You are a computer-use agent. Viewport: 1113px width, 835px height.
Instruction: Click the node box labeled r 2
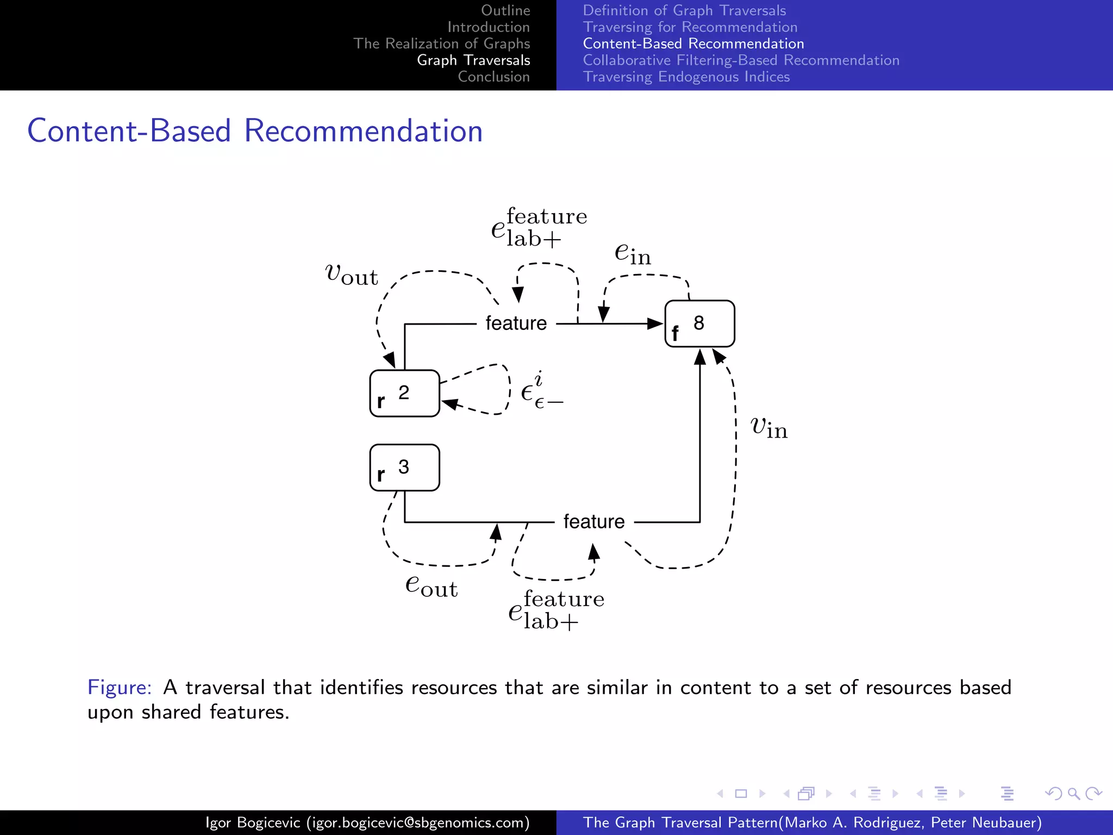(404, 394)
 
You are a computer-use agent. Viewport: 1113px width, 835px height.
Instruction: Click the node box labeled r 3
(404, 468)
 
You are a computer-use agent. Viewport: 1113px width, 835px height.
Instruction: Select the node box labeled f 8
(699, 323)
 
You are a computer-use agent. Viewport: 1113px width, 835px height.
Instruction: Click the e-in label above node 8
(633, 253)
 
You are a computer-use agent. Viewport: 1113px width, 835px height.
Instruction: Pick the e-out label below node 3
(432, 586)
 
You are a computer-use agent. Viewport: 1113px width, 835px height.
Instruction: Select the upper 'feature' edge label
(516, 323)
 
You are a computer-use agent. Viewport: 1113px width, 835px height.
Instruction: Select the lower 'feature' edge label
(594, 522)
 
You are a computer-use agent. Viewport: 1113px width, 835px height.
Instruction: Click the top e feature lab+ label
(539, 228)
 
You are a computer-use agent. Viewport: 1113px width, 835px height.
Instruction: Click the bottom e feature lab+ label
(556, 610)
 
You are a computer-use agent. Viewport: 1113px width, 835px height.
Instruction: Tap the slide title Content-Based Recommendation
(255, 131)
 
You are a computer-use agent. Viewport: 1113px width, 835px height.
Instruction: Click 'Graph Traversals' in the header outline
(473, 60)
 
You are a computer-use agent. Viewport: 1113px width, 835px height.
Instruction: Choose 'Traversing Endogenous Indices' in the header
(686, 77)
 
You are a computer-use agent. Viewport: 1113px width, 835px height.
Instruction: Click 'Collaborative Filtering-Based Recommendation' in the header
(741, 60)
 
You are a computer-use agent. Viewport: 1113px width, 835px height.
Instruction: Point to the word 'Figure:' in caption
(120, 688)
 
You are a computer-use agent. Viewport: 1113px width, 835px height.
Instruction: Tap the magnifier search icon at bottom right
(1073, 794)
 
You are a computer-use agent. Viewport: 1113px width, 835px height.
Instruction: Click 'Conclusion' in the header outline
(493, 77)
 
